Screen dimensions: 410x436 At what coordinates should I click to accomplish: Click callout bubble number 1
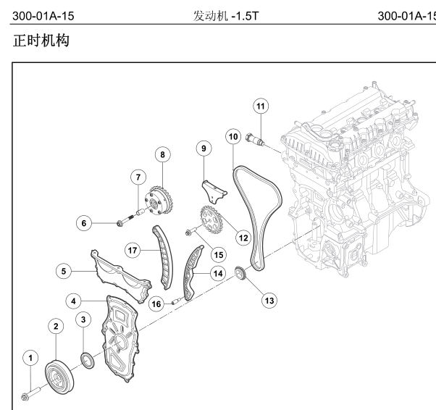[x=30, y=357]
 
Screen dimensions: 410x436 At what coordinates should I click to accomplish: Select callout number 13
[x=269, y=298]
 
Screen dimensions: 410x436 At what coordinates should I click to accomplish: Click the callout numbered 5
[x=65, y=271]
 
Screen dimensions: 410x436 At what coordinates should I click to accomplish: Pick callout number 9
[x=204, y=149]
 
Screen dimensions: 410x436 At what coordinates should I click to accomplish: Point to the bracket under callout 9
[x=214, y=189]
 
